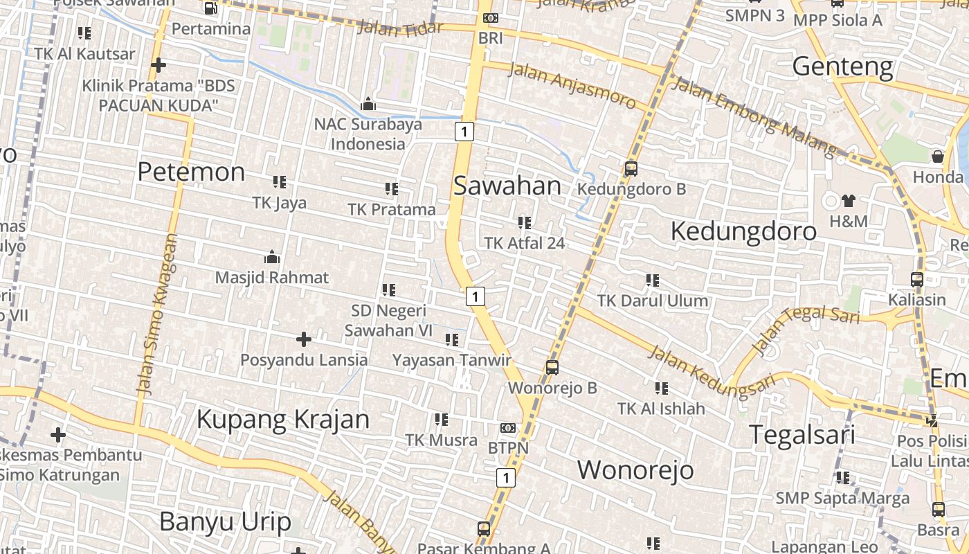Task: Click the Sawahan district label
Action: pos(507,186)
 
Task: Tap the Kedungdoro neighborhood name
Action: pos(743,231)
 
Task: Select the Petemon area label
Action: pos(191,172)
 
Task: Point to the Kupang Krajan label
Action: pos(283,420)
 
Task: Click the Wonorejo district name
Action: pos(635,470)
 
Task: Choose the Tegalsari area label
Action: pos(803,435)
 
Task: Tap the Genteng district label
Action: pos(842,67)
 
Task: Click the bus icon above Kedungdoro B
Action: pos(631,168)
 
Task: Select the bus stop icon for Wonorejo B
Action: pos(552,367)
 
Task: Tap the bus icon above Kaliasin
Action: pos(917,280)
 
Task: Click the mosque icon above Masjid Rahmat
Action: pos(272,257)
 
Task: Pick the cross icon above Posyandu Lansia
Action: pos(303,339)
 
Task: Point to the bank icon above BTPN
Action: pos(508,428)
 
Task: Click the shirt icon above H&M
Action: pos(849,201)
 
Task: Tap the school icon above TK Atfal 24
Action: pos(525,223)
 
